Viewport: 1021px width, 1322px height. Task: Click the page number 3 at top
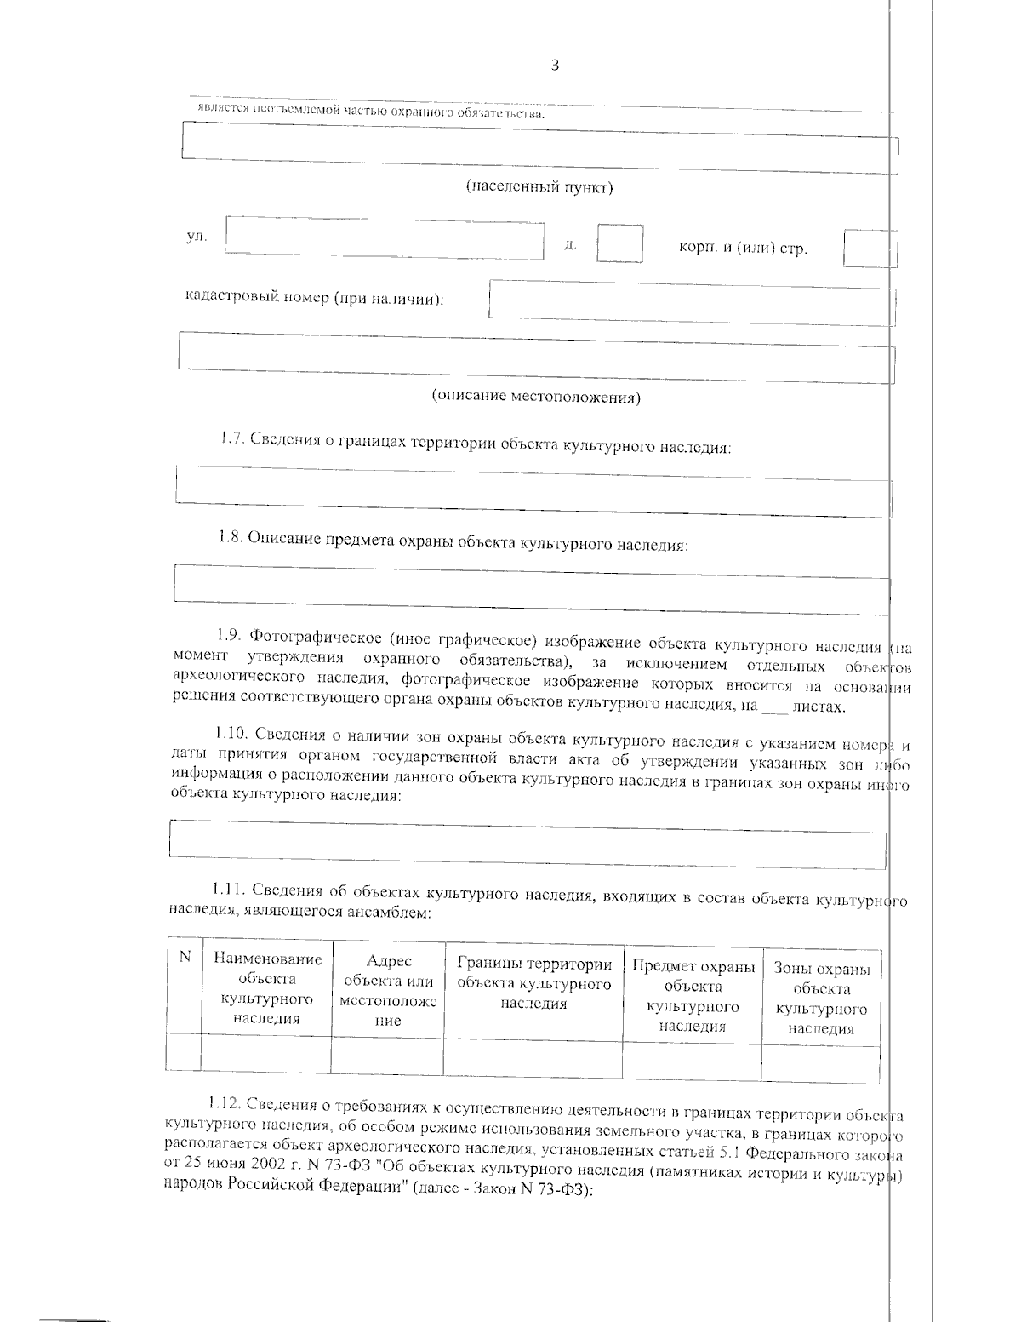pos(555,66)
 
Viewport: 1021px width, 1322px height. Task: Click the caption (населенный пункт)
pos(539,187)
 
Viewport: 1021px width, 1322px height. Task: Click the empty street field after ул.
pos(385,236)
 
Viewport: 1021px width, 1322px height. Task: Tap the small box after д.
pos(619,243)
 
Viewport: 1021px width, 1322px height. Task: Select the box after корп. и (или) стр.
pos(869,248)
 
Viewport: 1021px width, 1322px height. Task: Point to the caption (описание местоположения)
pos(536,397)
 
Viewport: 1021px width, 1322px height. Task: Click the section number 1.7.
pos(232,440)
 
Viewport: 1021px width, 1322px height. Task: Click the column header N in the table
pos(184,958)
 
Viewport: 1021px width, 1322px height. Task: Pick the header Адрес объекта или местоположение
pos(388,990)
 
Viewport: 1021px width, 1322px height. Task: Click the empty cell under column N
pos(184,1053)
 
